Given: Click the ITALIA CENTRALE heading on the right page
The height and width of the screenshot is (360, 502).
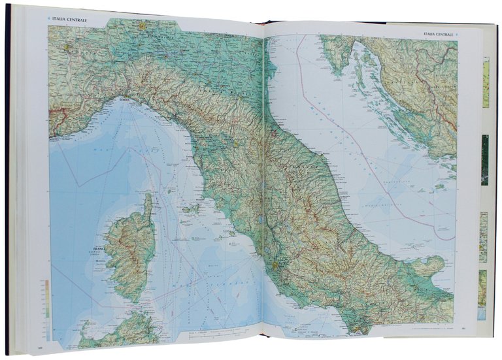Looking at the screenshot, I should [439, 33].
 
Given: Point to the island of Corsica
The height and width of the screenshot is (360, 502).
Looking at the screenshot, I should [131, 252].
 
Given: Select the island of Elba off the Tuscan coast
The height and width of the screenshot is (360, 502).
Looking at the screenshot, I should [191, 209].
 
